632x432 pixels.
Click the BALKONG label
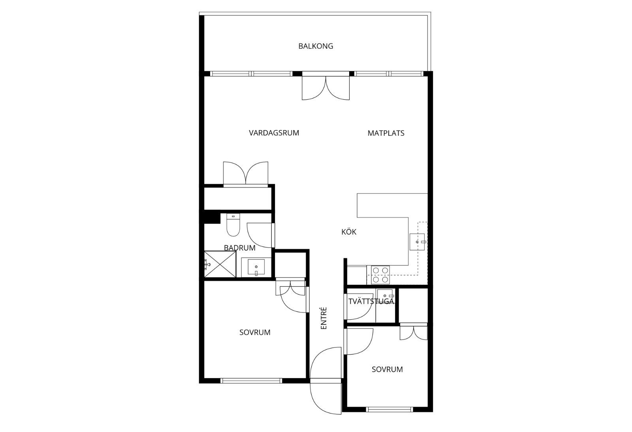click(316, 46)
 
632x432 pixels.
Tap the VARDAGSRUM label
click(274, 133)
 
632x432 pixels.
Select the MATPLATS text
click(386, 133)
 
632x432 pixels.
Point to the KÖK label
click(349, 232)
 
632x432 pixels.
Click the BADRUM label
click(239, 248)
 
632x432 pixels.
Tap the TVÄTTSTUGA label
click(371, 301)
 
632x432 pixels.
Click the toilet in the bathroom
click(233, 225)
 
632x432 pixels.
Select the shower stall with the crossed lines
click(220, 264)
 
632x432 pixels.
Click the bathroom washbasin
click(256, 267)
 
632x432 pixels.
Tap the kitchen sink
click(417, 242)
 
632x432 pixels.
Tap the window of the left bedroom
click(251, 381)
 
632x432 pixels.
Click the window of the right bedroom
click(389, 409)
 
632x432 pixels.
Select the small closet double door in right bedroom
click(414, 333)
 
